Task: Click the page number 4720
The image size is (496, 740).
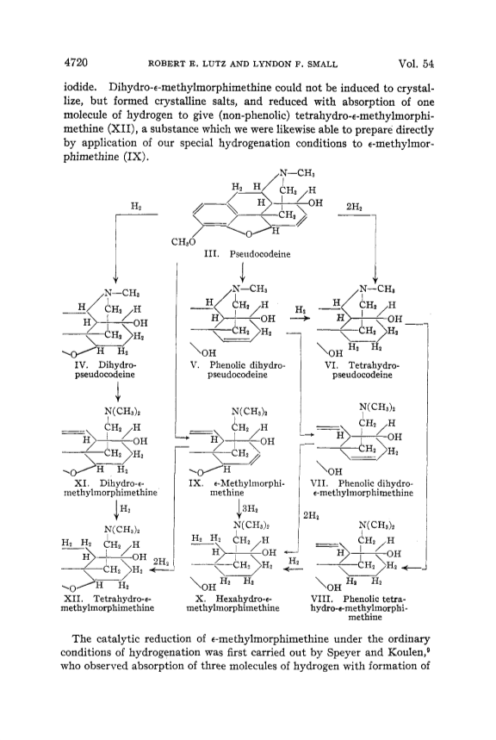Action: [x=76, y=63]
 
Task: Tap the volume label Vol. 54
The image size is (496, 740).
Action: [x=416, y=63]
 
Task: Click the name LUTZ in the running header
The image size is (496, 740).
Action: [x=215, y=65]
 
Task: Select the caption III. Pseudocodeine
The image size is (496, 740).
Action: [x=247, y=254]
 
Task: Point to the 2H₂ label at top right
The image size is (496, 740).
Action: [x=354, y=206]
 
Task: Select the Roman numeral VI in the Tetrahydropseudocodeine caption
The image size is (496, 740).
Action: [x=330, y=365]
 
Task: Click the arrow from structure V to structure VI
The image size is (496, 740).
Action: [x=301, y=319]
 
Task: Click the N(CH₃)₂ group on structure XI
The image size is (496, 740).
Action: [x=121, y=412]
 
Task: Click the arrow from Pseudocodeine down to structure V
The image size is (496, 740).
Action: [x=243, y=272]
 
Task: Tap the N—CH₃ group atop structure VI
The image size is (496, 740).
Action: [x=377, y=289]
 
